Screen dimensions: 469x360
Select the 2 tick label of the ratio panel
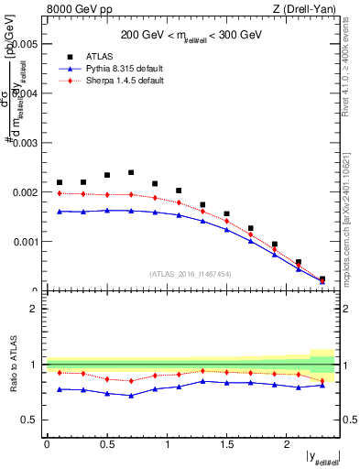pos(34,309)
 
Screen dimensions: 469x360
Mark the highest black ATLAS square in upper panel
pos(131,172)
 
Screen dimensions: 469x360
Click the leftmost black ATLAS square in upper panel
pos(60,182)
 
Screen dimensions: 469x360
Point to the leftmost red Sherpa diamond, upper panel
pos(60,193)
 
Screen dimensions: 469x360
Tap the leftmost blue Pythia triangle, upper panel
pos(60,212)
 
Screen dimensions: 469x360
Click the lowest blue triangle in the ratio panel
pos(131,396)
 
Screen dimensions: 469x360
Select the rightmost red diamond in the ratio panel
pos(322,380)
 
